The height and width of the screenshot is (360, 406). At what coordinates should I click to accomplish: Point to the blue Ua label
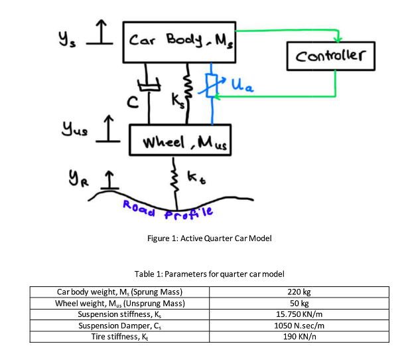(241, 84)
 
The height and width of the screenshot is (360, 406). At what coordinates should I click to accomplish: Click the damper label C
(133, 104)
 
